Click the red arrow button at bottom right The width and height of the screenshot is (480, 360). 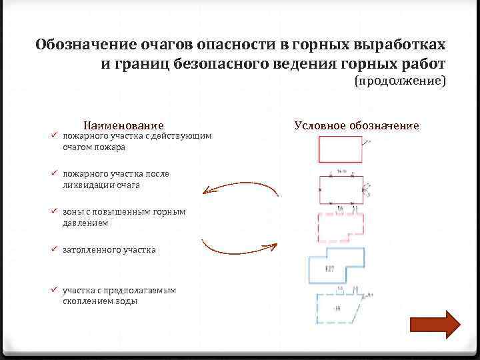pos(435,324)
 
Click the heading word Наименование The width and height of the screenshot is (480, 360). pos(123,125)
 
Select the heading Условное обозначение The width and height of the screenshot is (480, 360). pos(357,125)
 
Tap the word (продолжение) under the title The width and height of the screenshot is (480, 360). pos(400,81)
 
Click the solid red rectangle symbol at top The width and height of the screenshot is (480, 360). pos(341,149)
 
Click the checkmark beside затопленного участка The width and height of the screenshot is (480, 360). pos(56,249)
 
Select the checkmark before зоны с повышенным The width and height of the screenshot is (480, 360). pos(56,211)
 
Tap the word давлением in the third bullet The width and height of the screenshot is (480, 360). pos(81,223)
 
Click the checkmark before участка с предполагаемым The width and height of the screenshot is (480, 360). pos(56,290)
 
